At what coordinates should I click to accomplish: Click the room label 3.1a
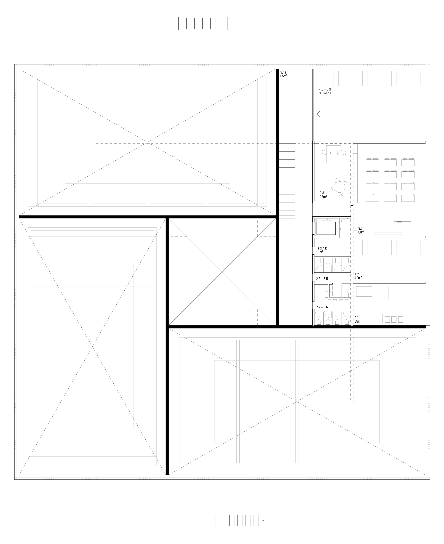coord(283,72)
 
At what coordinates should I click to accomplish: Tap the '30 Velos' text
coord(325,93)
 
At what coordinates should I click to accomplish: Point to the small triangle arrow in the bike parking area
coord(318,114)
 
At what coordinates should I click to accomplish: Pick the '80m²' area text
coord(362,232)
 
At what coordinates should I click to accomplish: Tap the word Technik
coord(321,248)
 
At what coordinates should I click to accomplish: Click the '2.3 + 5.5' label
coord(322,279)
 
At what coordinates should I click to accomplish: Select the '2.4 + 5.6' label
coord(322,307)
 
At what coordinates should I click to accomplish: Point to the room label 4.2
coord(357,274)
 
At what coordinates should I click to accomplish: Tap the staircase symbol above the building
coord(203,23)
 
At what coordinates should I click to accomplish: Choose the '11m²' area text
coord(320,252)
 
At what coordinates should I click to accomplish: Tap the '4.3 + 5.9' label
coord(325,90)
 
